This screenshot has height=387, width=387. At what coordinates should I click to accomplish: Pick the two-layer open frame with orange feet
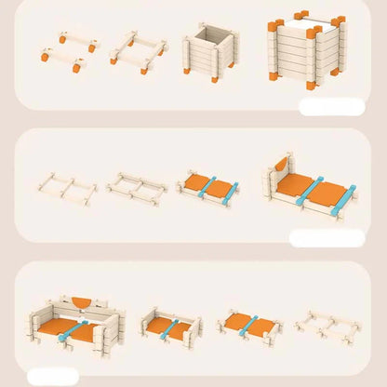click(138, 53)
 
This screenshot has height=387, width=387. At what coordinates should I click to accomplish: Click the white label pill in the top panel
click(331, 106)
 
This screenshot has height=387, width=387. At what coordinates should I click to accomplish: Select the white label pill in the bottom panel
click(53, 376)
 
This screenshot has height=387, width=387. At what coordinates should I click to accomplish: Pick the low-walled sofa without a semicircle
click(170, 326)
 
